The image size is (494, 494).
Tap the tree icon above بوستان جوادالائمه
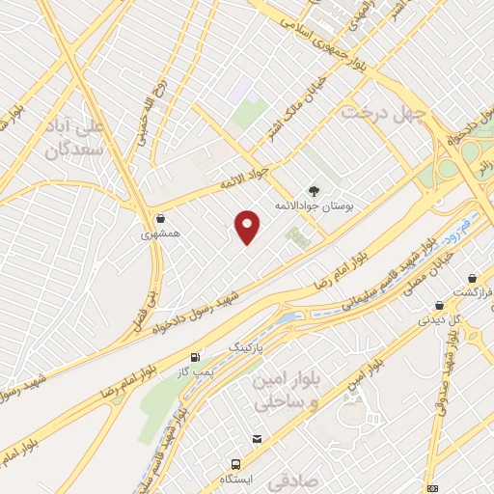[313, 190]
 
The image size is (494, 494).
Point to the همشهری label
[160, 233]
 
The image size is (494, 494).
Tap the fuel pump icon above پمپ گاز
[198, 355]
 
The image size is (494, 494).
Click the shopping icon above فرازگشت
[473, 276]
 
